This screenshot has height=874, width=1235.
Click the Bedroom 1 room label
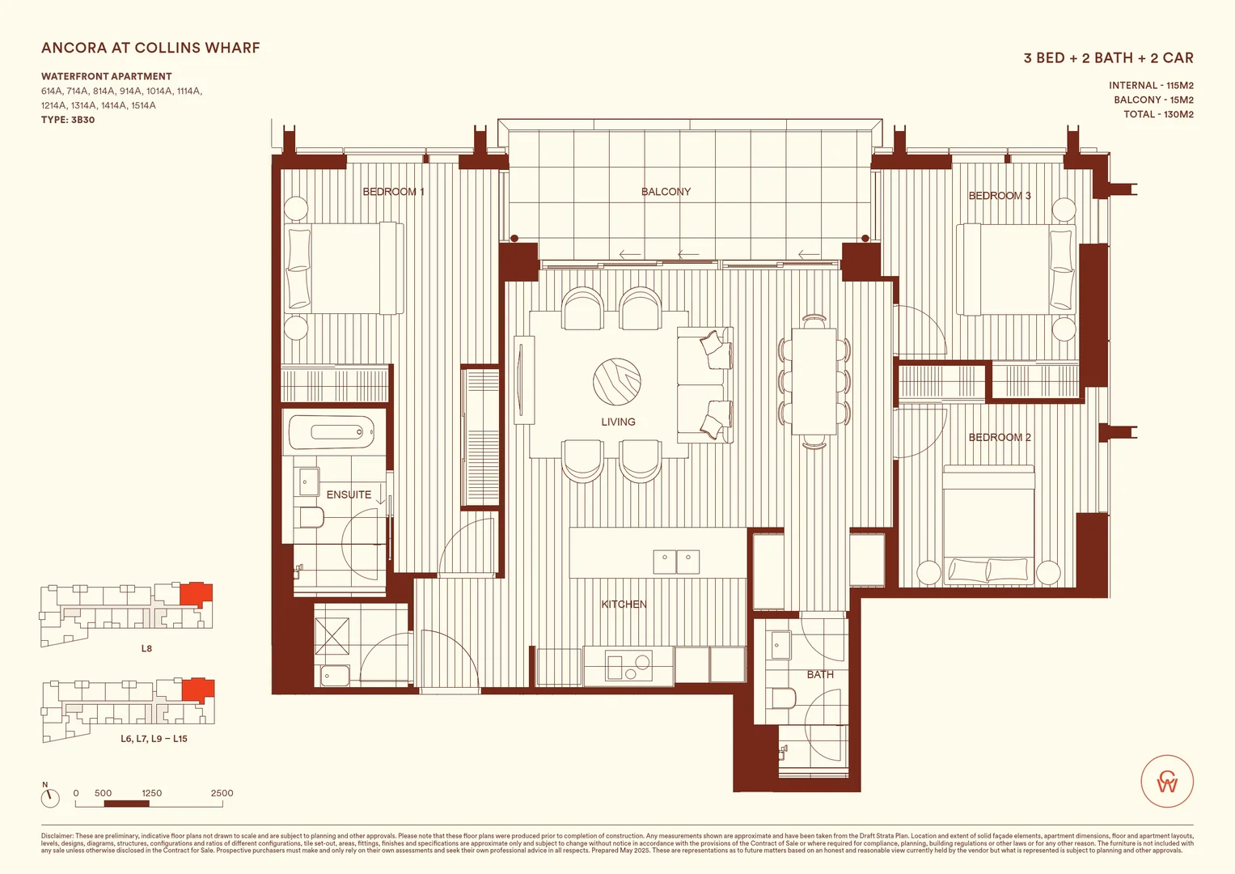coord(393,192)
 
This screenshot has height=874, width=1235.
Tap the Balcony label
coord(666,192)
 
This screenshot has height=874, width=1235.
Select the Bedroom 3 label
coord(1000,196)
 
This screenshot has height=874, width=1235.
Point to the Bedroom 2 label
coord(1000,438)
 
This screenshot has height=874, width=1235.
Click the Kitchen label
coord(624,605)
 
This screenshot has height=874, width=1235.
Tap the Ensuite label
coord(349,494)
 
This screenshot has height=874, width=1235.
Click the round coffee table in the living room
coord(617,382)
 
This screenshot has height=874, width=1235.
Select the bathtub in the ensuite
coord(332,432)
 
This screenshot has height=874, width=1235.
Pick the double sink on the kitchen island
coord(676,561)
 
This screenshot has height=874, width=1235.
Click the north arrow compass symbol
coord(50,797)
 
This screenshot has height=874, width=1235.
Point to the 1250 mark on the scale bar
coord(151,793)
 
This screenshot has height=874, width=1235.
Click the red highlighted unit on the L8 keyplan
coord(195,594)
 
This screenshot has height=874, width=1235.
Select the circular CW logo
coord(1167,782)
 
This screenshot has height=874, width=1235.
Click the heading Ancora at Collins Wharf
coord(150,48)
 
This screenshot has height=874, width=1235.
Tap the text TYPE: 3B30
coord(68,120)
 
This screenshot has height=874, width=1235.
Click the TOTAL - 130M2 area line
coord(1158,114)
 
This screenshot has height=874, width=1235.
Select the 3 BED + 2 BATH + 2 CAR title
coord(1108,58)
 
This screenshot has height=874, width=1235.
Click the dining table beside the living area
coord(814,381)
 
